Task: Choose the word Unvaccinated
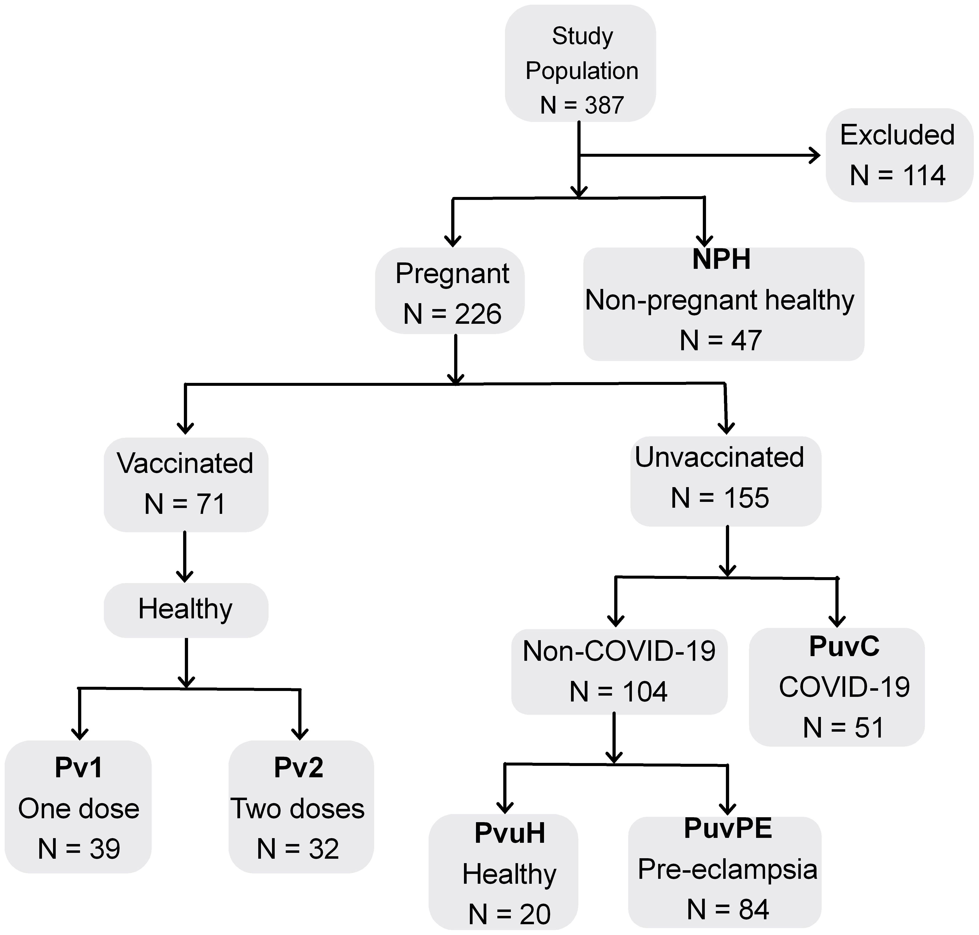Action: point(719,457)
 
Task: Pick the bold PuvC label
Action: point(844,646)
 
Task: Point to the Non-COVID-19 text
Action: point(619,651)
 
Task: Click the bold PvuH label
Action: point(509,833)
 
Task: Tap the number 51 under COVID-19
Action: point(869,728)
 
